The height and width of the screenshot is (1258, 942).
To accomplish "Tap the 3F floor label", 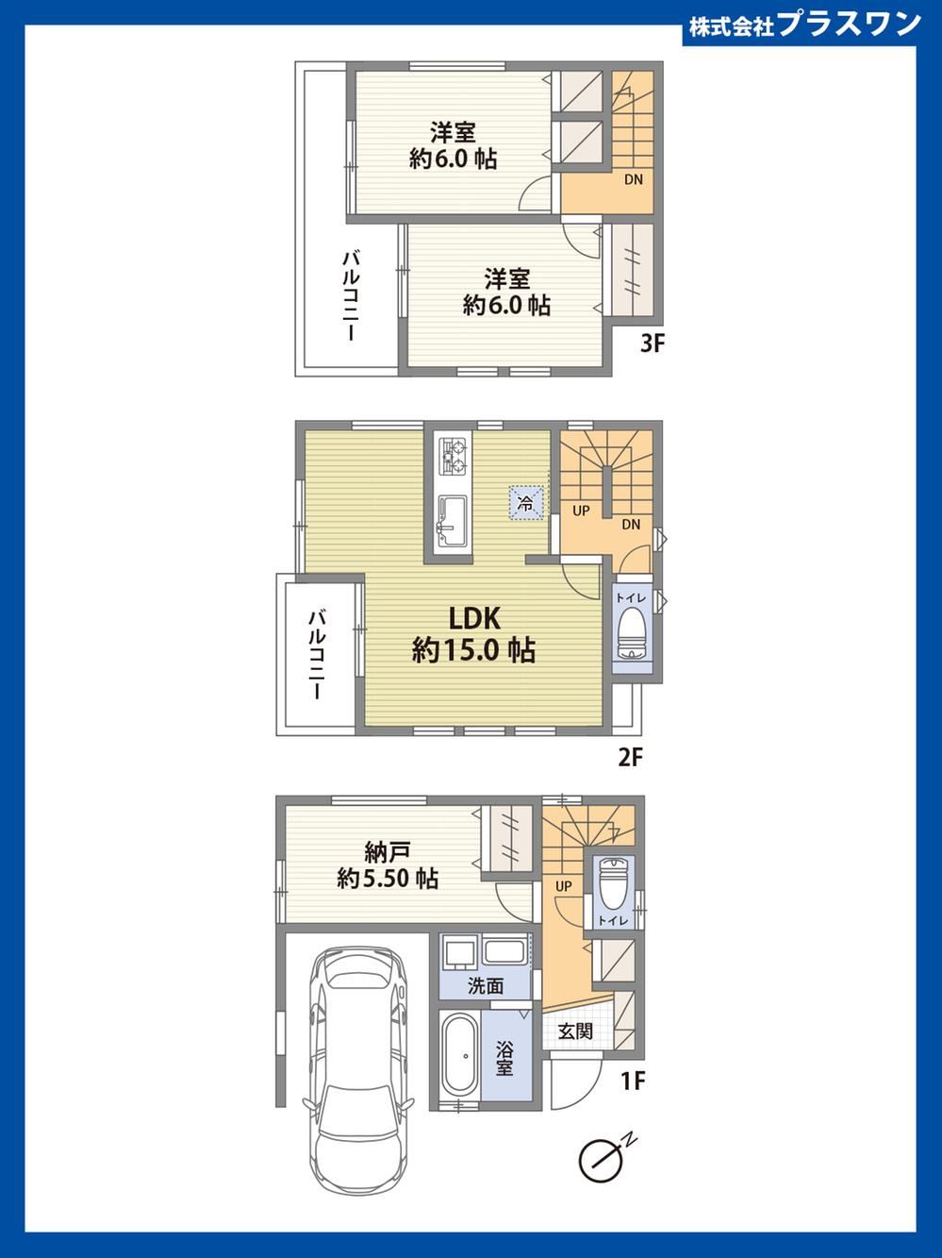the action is [652, 344].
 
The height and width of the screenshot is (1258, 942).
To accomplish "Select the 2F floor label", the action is [631, 758].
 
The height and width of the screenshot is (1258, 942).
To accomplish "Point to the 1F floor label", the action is [634, 1082].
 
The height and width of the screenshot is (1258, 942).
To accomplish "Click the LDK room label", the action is [474, 618].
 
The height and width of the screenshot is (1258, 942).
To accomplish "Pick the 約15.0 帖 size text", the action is [474, 650].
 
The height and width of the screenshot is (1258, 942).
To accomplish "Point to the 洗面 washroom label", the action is [486, 986].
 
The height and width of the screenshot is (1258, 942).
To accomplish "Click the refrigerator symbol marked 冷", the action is [526, 503].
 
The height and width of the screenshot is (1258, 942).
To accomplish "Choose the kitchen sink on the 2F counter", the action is [453, 522].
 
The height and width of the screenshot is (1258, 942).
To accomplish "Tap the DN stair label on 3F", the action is [634, 179].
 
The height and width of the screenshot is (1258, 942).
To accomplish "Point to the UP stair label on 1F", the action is [564, 886].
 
